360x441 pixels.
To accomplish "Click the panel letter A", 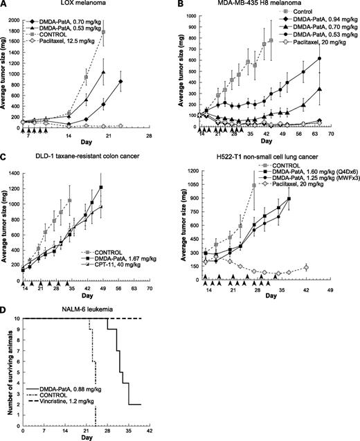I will pyautogui.click(x=5, y=5).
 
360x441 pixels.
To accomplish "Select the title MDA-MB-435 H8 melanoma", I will pyautogui.click(x=270, y=6).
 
